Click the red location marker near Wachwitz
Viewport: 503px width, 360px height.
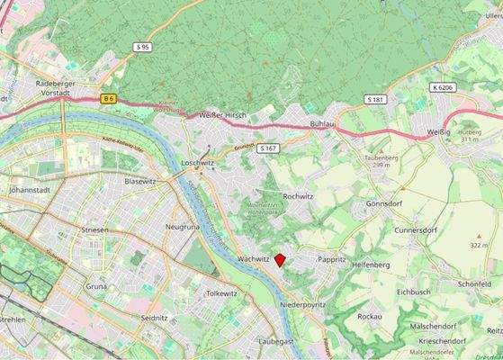[280, 260]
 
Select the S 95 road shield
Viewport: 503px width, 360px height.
[142, 46]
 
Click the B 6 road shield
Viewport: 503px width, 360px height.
[109, 98]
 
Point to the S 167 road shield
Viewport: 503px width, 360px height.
[267, 148]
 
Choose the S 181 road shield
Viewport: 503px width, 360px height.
[375, 98]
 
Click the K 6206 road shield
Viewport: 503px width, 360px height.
[443, 88]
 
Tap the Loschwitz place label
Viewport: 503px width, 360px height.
[199, 163]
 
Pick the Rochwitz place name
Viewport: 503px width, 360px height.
[297, 195]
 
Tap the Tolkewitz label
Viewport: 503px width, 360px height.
[221, 293]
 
